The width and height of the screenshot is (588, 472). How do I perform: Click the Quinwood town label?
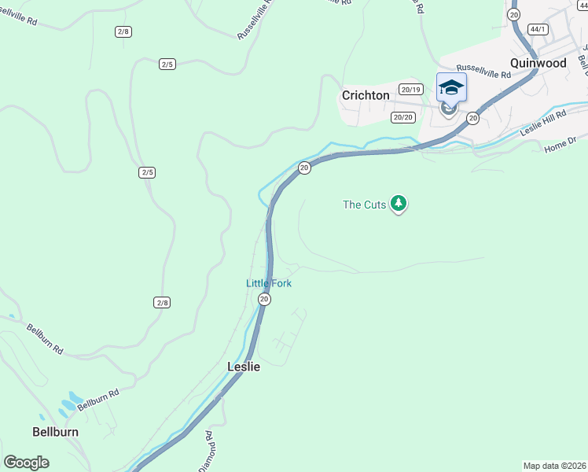[538, 63]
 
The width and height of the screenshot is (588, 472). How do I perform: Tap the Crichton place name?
[365, 95]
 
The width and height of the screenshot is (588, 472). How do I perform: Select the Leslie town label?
[243, 367]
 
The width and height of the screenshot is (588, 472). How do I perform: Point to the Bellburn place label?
[55, 432]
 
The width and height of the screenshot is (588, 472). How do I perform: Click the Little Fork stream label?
[268, 283]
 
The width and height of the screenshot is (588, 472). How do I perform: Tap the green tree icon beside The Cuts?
[399, 204]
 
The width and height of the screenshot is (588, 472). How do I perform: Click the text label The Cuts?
[364, 205]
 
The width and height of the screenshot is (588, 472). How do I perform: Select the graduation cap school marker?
[451, 87]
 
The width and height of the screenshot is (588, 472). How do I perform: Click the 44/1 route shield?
[538, 29]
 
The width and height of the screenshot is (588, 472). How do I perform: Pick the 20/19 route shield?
[410, 90]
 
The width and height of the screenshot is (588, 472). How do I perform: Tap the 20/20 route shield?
[402, 117]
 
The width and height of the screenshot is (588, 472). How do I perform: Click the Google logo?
[26, 463]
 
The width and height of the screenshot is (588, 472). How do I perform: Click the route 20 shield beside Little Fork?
[264, 299]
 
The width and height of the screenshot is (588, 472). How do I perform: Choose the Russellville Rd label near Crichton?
[483, 75]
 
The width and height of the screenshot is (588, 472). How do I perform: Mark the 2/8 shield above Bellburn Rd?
[161, 302]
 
